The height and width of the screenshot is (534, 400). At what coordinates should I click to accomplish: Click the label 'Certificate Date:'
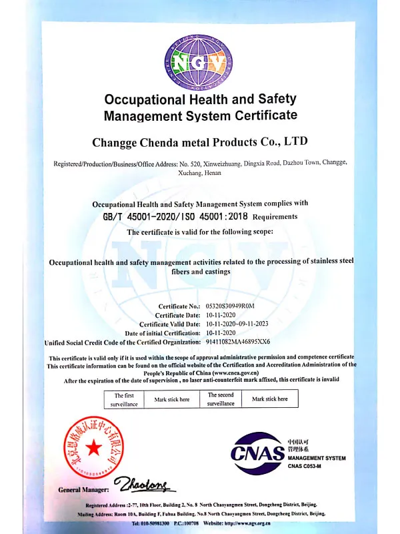coord(177,315)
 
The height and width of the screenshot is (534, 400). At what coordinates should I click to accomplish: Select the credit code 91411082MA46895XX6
coord(238,341)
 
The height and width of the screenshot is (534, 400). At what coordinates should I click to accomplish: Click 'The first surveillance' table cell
coord(124,399)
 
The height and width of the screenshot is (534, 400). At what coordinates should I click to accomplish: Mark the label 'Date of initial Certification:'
coord(163,332)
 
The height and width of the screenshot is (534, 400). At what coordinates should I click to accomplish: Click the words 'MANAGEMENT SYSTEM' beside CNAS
coord(317,458)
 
